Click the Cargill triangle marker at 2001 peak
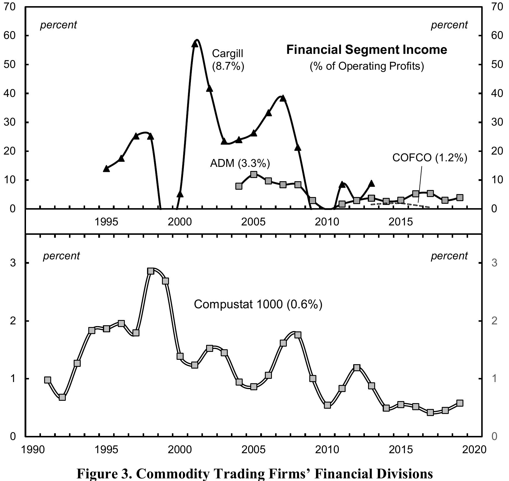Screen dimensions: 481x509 click(x=195, y=44)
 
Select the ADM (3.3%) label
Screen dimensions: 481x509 click(x=240, y=163)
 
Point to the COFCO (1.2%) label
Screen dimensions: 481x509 click(x=429, y=158)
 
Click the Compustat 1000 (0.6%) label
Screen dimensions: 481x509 click(x=258, y=304)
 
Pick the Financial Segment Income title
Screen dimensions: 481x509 click(x=366, y=50)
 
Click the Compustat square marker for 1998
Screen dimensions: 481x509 click(x=151, y=271)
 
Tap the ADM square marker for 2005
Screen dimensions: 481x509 click(x=253, y=174)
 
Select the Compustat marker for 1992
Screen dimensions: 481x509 click(x=62, y=397)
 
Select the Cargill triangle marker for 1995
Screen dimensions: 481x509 click(x=106, y=168)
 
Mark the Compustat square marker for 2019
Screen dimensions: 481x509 click(x=460, y=403)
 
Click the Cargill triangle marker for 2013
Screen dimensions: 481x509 click(x=371, y=184)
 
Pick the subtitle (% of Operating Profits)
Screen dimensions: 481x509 click(x=366, y=66)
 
